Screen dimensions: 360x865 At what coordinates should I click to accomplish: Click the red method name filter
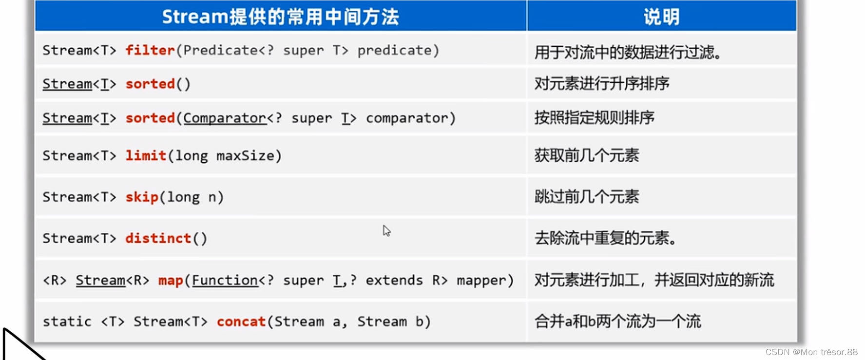tap(150, 50)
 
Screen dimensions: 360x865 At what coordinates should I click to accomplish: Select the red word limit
tap(146, 155)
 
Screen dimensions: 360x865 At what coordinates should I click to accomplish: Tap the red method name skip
tap(142, 197)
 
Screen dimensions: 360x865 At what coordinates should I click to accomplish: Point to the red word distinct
tap(158, 238)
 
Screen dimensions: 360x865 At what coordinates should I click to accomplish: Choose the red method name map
tap(171, 281)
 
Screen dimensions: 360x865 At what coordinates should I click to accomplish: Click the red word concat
tap(241, 322)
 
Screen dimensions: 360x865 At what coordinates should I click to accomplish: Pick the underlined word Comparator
tap(225, 118)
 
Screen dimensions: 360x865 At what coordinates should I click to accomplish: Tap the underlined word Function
tap(225, 281)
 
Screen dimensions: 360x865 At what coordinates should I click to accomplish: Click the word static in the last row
tap(67, 322)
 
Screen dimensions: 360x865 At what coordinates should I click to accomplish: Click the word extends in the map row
tap(394, 281)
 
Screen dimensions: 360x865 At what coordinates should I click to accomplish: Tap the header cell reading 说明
tap(661, 17)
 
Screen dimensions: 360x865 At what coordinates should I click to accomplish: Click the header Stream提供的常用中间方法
tap(280, 17)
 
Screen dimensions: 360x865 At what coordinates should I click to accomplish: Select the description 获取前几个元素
tap(587, 156)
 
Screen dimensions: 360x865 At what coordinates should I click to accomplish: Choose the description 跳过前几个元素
tap(587, 197)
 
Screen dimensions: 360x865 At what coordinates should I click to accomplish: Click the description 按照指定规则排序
tap(595, 118)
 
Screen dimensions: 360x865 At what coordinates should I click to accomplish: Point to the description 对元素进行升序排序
tap(602, 84)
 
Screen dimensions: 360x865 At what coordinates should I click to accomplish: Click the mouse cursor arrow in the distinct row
tap(386, 230)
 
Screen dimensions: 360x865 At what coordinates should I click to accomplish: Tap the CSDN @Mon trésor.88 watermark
tap(811, 352)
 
